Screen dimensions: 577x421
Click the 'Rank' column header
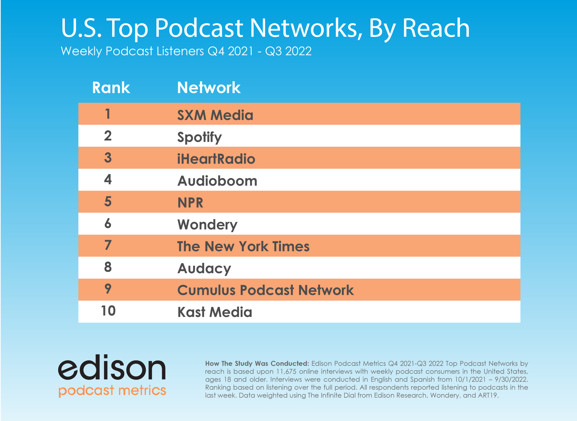(111, 88)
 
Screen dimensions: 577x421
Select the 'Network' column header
(209, 88)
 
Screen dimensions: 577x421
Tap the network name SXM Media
(215, 115)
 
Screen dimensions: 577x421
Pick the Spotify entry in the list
(199, 137)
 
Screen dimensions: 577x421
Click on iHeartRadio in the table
(216, 159)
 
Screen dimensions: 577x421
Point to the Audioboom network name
(217, 181)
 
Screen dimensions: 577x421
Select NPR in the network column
(190, 203)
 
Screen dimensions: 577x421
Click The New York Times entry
(243, 247)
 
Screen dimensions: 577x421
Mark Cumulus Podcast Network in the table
(266, 290)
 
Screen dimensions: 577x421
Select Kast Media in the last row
(215, 312)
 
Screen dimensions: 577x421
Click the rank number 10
(108, 311)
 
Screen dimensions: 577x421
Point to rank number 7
(108, 245)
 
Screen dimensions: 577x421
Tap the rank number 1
(108, 114)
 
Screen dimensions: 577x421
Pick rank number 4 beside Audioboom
(108, 179)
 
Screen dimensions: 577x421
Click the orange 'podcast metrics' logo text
(112, 390)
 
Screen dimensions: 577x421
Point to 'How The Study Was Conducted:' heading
(257, 363)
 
